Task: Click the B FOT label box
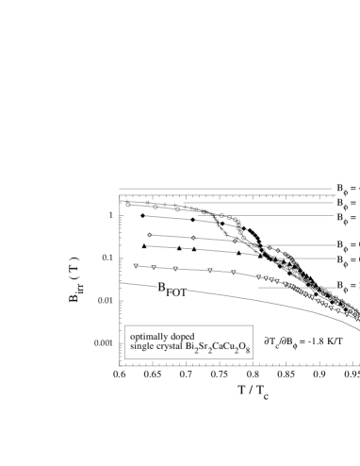[172, 290]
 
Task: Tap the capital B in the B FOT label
[162, 288]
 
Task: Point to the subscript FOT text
[177, 293]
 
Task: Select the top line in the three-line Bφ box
[348, 190]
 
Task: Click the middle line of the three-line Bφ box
[348, 204]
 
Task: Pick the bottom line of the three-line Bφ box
[348, 218]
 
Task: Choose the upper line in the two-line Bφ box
[348, 246]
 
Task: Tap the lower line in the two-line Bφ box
[348, 260]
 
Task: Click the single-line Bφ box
[348, 286]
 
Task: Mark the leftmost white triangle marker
[136, 265]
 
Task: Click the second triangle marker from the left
[154, 267]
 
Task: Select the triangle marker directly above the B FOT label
[175, 269]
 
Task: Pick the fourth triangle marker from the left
[210, 271]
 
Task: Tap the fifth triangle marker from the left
[234, 273]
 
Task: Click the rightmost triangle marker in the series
[356, 319]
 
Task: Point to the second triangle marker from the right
[347, 314]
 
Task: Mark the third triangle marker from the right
[338, 310]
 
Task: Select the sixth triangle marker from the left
[258, 276]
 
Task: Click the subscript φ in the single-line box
[344, 290]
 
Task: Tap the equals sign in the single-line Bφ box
[352, 286]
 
